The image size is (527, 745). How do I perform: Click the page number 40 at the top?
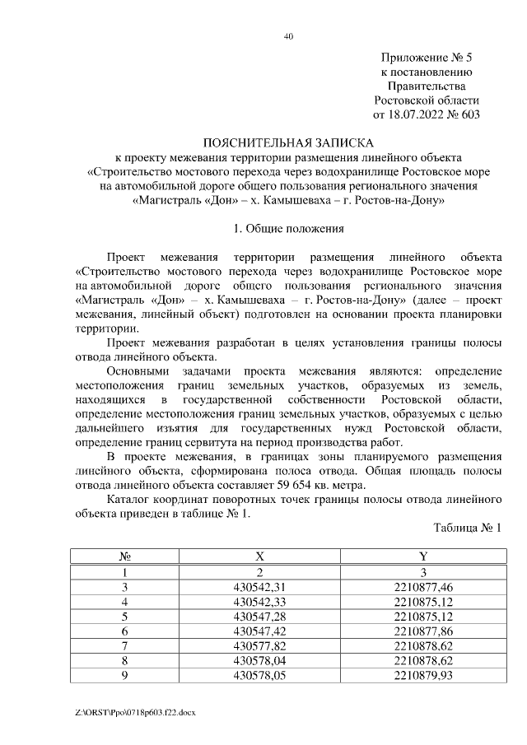click(288, 35)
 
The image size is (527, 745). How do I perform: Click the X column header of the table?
click(260, 558)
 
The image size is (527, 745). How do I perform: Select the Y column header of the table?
click(423, 558)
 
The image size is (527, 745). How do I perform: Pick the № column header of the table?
click(125, 558)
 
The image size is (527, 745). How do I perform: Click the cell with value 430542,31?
click(260, 587)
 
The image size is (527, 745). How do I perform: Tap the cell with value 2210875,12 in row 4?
click(423, 602)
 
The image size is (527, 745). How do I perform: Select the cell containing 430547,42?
click(260, 631)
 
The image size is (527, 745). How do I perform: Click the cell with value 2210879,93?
click(423, 675)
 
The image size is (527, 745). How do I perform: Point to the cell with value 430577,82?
click(260, 646)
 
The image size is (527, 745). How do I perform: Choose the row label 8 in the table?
click(125, 661)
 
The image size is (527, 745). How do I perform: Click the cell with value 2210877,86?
click(423, 631)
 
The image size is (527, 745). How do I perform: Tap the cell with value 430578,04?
click(260, 661)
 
